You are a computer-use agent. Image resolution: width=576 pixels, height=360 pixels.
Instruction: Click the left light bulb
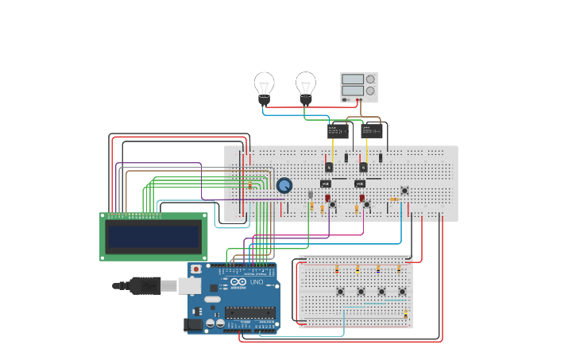tap(264, 86)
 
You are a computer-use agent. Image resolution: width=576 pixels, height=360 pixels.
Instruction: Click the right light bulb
tap(306, 86)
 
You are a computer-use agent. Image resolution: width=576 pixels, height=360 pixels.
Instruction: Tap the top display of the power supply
tap(352, 79)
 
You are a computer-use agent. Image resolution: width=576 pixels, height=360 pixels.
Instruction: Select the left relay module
tap(338, 130)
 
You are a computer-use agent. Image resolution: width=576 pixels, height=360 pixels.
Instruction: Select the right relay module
tap(371, 130)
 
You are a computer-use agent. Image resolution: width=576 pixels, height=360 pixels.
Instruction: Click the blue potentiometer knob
tap(284, 185)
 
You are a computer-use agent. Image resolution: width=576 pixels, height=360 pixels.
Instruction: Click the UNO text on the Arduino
tap(257, 282)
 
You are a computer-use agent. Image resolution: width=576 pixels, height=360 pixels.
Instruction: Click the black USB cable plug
tap(145, 285)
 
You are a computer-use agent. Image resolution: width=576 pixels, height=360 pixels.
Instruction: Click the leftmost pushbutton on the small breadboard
tap(340, 292)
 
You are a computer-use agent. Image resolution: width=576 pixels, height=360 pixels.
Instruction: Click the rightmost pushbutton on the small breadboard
tap(402, 292)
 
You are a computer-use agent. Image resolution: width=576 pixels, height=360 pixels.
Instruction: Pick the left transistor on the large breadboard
tap(329, 167)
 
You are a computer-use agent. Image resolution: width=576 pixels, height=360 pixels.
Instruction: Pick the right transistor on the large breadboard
tap(363, 167)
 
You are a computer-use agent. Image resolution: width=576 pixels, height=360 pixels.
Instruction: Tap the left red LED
tap(327, 198)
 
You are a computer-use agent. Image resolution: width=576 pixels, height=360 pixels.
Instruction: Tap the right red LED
tap(361, 198)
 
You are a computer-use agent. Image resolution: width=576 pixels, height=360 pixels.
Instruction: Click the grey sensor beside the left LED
tap(311, 195)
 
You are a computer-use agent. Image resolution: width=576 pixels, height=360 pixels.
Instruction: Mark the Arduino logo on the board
tap(239, 282)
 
